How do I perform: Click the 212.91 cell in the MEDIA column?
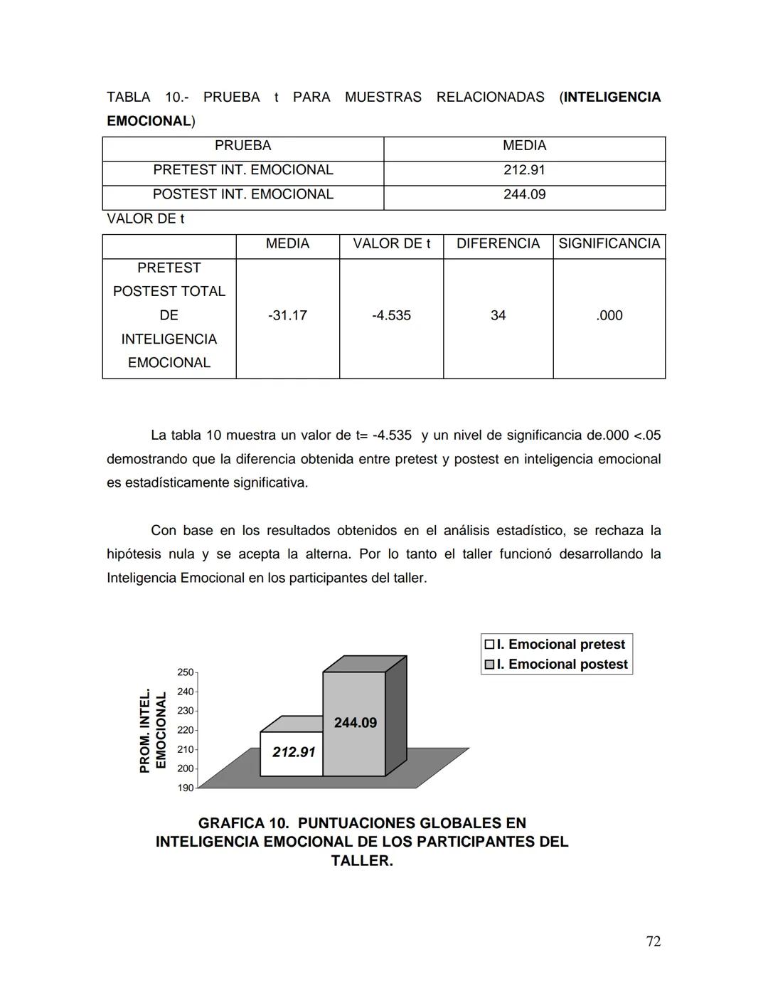tap(524, 170)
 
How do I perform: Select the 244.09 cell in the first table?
tap(524, 194)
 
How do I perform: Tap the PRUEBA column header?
tap(242, 146)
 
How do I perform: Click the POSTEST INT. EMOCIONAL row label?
tap(242, 194)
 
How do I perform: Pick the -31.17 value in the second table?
tap(287, 315)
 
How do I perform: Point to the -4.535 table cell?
tap(391, 315)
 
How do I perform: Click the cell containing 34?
tap(498, 315)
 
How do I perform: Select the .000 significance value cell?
tap(609, 315)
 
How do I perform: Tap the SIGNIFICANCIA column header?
tap(609, 243)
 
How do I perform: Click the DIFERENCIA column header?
tap(498, 243)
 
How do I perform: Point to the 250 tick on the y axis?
tap(185, 672)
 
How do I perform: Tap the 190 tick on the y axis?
tap(185, 788)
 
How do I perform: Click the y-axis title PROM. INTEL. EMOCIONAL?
tap(153, 730)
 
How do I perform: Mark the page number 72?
tap(653, 941)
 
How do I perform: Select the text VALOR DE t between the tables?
tap(145, 219)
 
